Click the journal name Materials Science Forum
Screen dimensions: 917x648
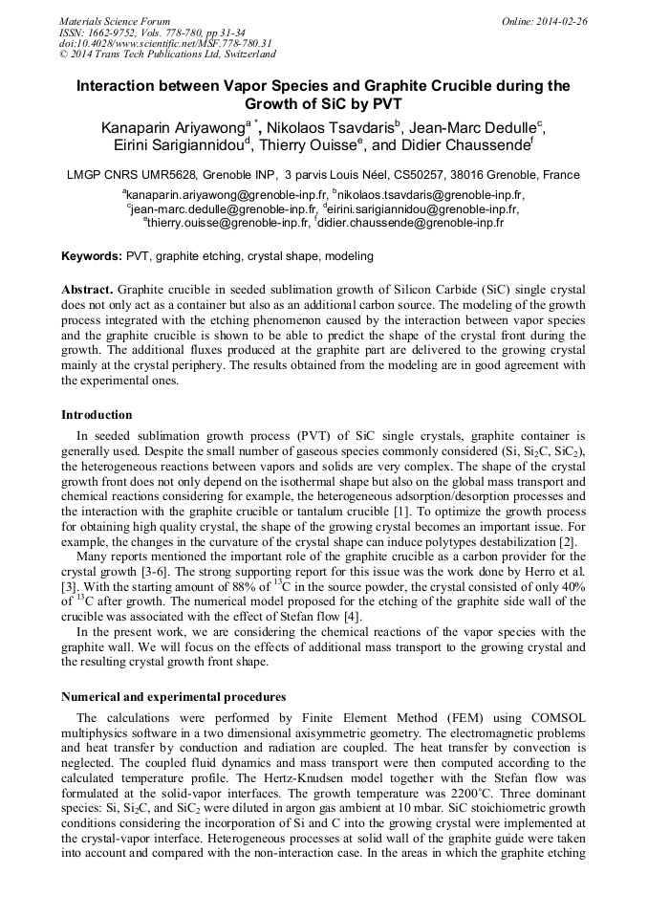click(115, 21)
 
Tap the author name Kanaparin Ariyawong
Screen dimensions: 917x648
click(173, 127)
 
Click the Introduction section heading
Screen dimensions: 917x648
click(97, 415)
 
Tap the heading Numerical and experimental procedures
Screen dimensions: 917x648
click(173, 696)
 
